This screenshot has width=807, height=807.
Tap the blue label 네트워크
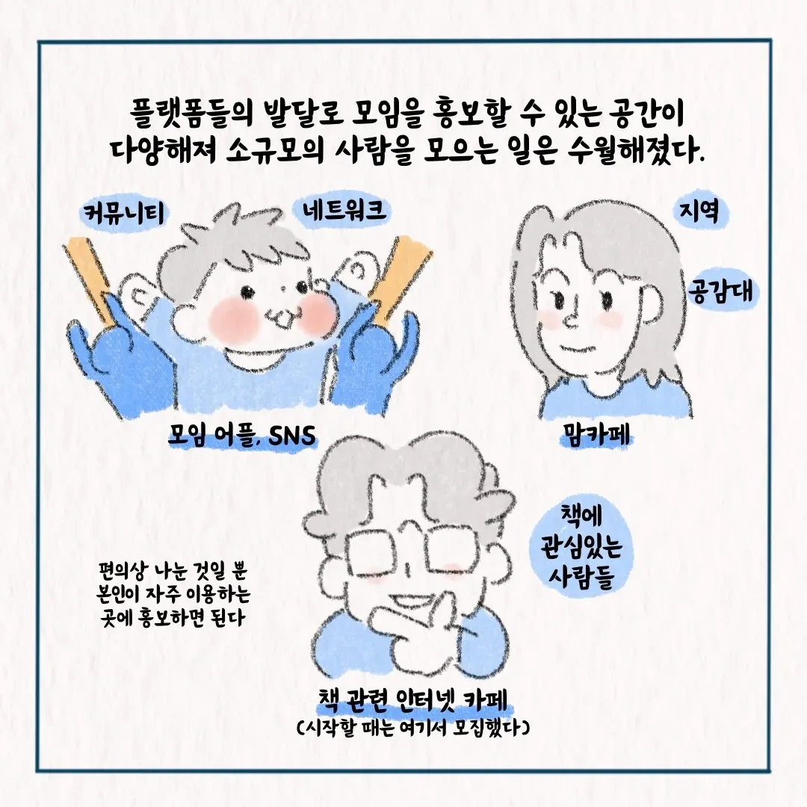[x=344, y=211]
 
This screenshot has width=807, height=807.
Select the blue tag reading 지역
[x=699, y=211]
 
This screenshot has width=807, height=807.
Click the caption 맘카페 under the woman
[x=596, y=436]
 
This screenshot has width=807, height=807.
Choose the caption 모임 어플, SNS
[x=242, y=436]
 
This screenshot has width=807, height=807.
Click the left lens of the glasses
[x=372, y=553]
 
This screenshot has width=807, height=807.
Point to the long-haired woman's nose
[x=572, y=320]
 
